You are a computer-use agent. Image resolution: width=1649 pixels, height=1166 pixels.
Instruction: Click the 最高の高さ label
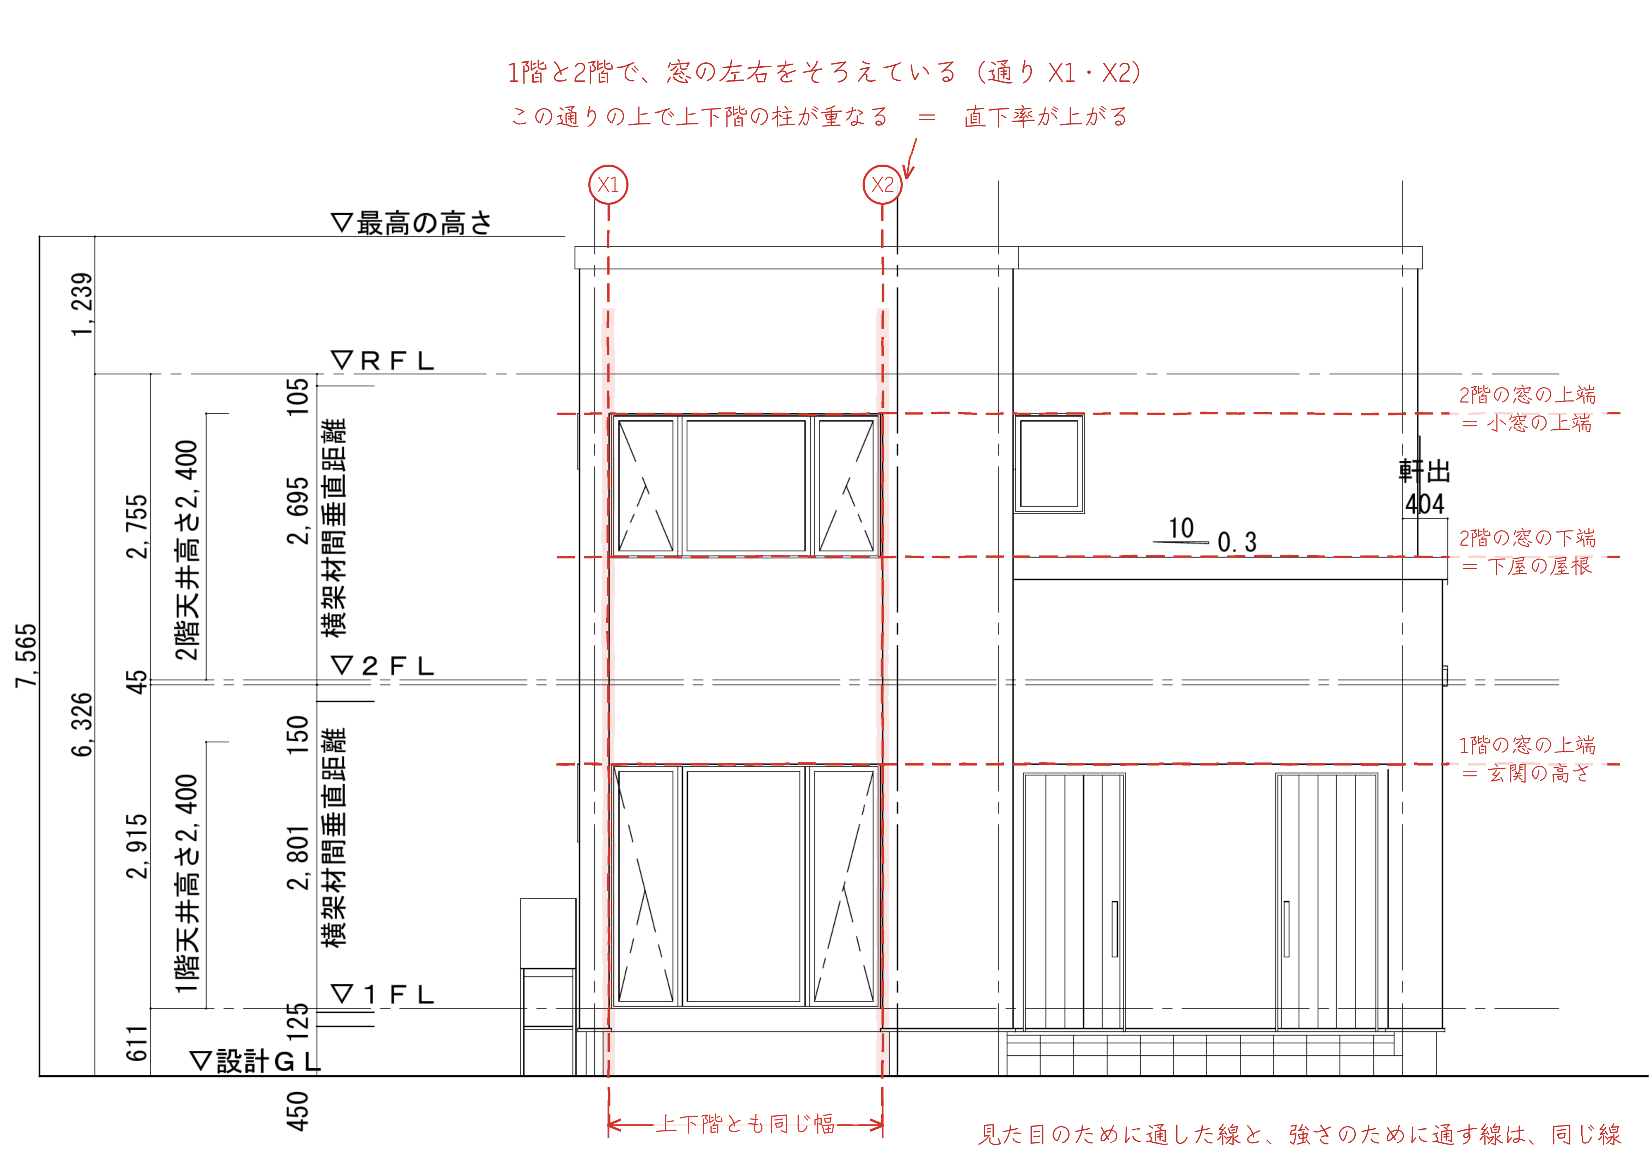tap(411, 222)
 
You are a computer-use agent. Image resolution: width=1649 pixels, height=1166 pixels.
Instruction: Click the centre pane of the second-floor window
tap(746, 485)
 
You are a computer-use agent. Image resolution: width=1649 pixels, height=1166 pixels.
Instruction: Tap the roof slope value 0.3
tap(1237, 542)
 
